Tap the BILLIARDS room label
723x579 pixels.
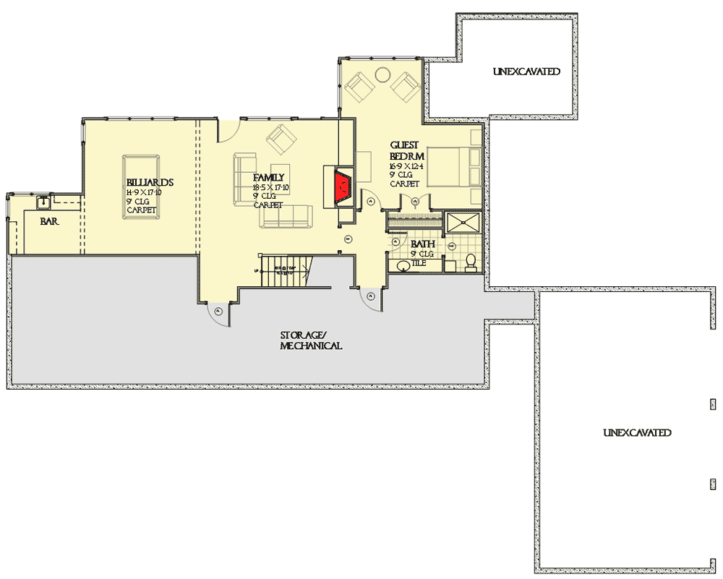pos(150,182)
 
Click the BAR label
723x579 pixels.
pos(49,221)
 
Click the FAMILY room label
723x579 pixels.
pos(268,177)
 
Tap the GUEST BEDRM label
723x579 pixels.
pos(405,150)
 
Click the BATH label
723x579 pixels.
pos(422,244)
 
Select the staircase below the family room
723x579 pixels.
pos(285,271)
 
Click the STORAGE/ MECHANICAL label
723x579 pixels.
pos(311,340)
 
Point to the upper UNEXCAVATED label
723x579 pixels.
pos(526,72)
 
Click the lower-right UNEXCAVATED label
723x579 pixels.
pos(637,432)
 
